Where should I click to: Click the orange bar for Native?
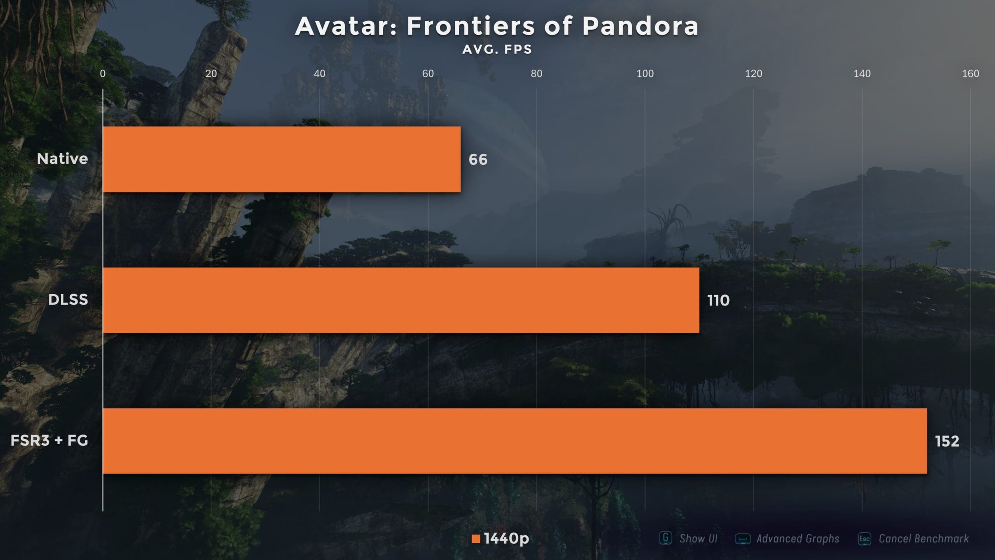(x=281, y=159)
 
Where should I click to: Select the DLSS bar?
(x=400, y=300)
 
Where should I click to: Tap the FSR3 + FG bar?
(x=514, y=441)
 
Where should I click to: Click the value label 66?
(x=478, y=160)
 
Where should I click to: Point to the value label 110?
(x=718, y=300)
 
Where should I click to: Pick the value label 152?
(x=947, y=441)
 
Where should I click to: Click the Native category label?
(x=62, y=159)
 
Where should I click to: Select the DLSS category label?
(x=68, y=300)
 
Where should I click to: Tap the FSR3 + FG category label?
(x=49, y=441)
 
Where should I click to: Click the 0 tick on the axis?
(x=103, y=74)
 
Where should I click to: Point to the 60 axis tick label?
(x=428, y=74)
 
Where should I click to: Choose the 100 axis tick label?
(x=645, y=74)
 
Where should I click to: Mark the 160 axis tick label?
(x=970, y=74)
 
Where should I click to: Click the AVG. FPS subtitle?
(x=497, y=49)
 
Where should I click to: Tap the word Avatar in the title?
(x=346, y=26)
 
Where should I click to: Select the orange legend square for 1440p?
(x=476, y=539)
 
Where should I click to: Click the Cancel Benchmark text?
(x=923, y=539)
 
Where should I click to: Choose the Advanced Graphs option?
(x=798, y=539)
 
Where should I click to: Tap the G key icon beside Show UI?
(x=665, y=538)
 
